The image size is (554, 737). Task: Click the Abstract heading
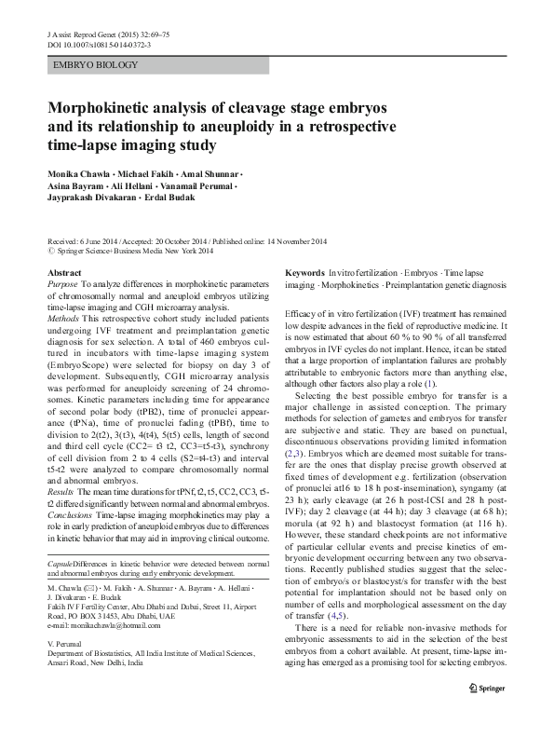(x=64, y=272)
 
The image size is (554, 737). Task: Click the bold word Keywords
(x=304, y=272)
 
